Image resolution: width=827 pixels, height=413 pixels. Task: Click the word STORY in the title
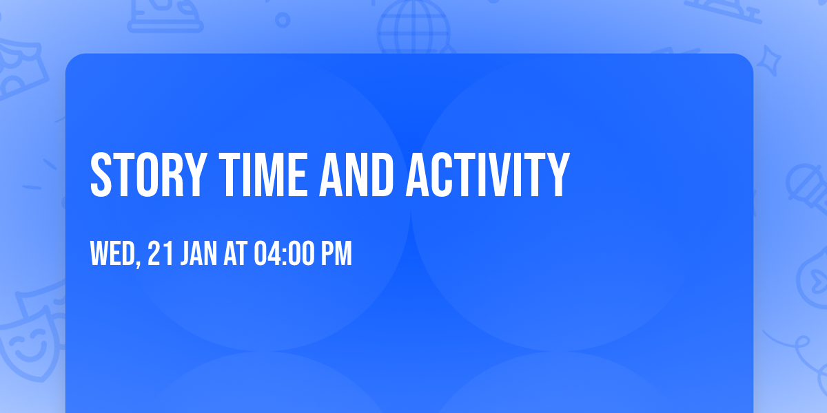pyautogui.click(x=148, y=175)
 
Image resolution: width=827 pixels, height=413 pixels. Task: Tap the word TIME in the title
pyautogui.click(x=263, y=175)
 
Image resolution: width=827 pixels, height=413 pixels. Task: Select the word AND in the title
pyautogui.click(x=356, y=175)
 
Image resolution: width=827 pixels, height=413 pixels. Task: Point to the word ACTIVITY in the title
pyautogui.click(x=488, y=175)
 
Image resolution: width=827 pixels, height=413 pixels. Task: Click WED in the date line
pyautogui.click(x=112, y=253)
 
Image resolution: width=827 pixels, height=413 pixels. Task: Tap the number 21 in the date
pyautogui.click(x=160, y=253)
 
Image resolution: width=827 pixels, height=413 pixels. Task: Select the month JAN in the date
pyautogui.click(x=198, y=253)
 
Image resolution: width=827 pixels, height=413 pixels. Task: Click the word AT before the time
pyautogui.click(x=236, y=253)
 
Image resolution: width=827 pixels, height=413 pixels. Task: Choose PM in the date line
pyautogui.click(x=336, y=253)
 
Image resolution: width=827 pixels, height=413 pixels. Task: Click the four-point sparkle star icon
pyautogui.click(x=768, y=61)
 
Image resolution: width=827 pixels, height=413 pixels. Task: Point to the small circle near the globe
pyautogui.click(x=283, y=20)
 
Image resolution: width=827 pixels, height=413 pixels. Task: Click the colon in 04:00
pyautogui.click(x=284, y=255)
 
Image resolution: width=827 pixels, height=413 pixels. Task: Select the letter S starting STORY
pyautogui.click(x=101, y=175)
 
